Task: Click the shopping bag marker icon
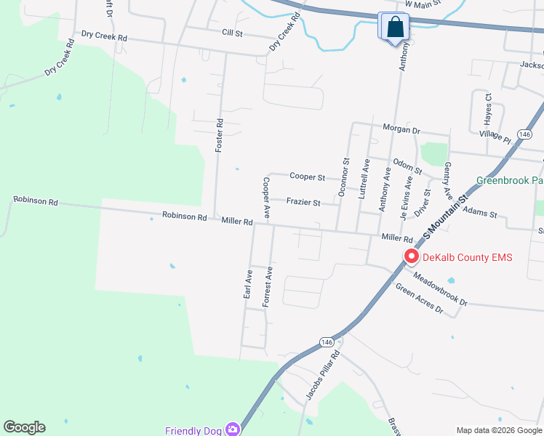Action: [393, 28]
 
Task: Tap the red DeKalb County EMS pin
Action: [411, 257]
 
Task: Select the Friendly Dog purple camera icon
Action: [232, 429]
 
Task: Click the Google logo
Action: [24, 427]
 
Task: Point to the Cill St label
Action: [233, 33]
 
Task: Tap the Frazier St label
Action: [303, 203]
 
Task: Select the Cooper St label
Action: [306, 176]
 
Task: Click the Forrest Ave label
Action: [268, 286]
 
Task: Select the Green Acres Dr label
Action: [419, 298]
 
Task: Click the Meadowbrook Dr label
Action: [440, 289]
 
